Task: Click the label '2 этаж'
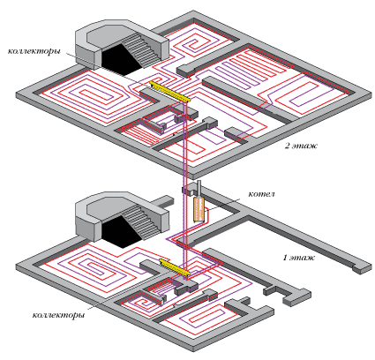pos(301,146)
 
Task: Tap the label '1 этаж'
pos(298,258)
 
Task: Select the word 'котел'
pos(261,194)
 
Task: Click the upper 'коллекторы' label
pos(34,51)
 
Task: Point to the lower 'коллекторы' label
pos(58,315)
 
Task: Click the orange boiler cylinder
pos(199,209)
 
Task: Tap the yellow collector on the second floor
pos(169,92)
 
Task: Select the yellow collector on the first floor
pos(175,267)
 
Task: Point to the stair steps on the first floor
pos(140,221)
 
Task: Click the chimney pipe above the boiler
pos(199,189)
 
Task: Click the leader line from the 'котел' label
pos(222,204)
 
